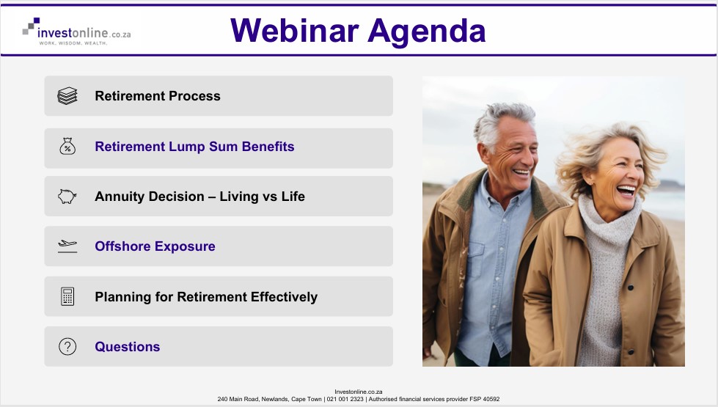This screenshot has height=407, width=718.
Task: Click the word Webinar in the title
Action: coord(294,31)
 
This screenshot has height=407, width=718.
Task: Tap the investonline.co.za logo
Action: coord(77,32)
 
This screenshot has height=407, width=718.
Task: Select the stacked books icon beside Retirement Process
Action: coord(67,96)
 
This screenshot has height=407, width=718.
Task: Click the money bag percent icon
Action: coord(67,147)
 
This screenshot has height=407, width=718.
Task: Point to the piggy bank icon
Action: coord(67,197)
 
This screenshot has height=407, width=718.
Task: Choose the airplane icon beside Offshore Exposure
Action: coord(67,246)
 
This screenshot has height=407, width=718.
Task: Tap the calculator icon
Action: coord(67,296)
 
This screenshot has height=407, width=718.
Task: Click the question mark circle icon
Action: coord(67,347)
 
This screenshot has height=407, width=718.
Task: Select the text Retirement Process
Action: coord(158,96)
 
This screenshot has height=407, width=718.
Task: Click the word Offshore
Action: coord(122,246)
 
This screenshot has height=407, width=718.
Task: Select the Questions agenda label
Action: coord(128,347)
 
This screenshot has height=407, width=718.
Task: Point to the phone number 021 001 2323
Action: coord(345,399)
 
